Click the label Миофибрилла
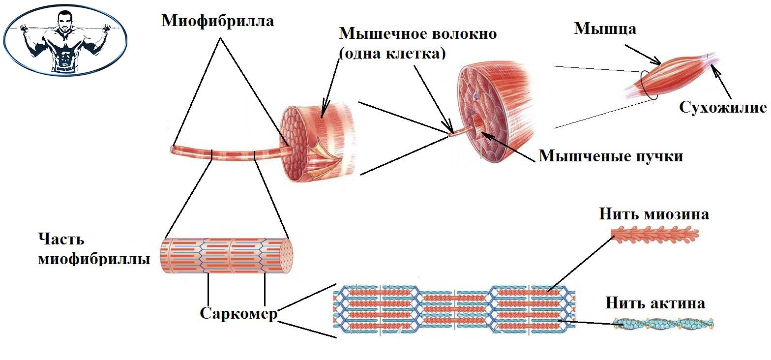218,21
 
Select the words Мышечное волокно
417,34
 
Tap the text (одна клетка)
392,52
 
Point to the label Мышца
605,29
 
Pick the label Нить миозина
654,214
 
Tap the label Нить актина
655,302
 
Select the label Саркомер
238,313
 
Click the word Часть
61,240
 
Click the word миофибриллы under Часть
93,259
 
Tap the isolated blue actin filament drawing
663,324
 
